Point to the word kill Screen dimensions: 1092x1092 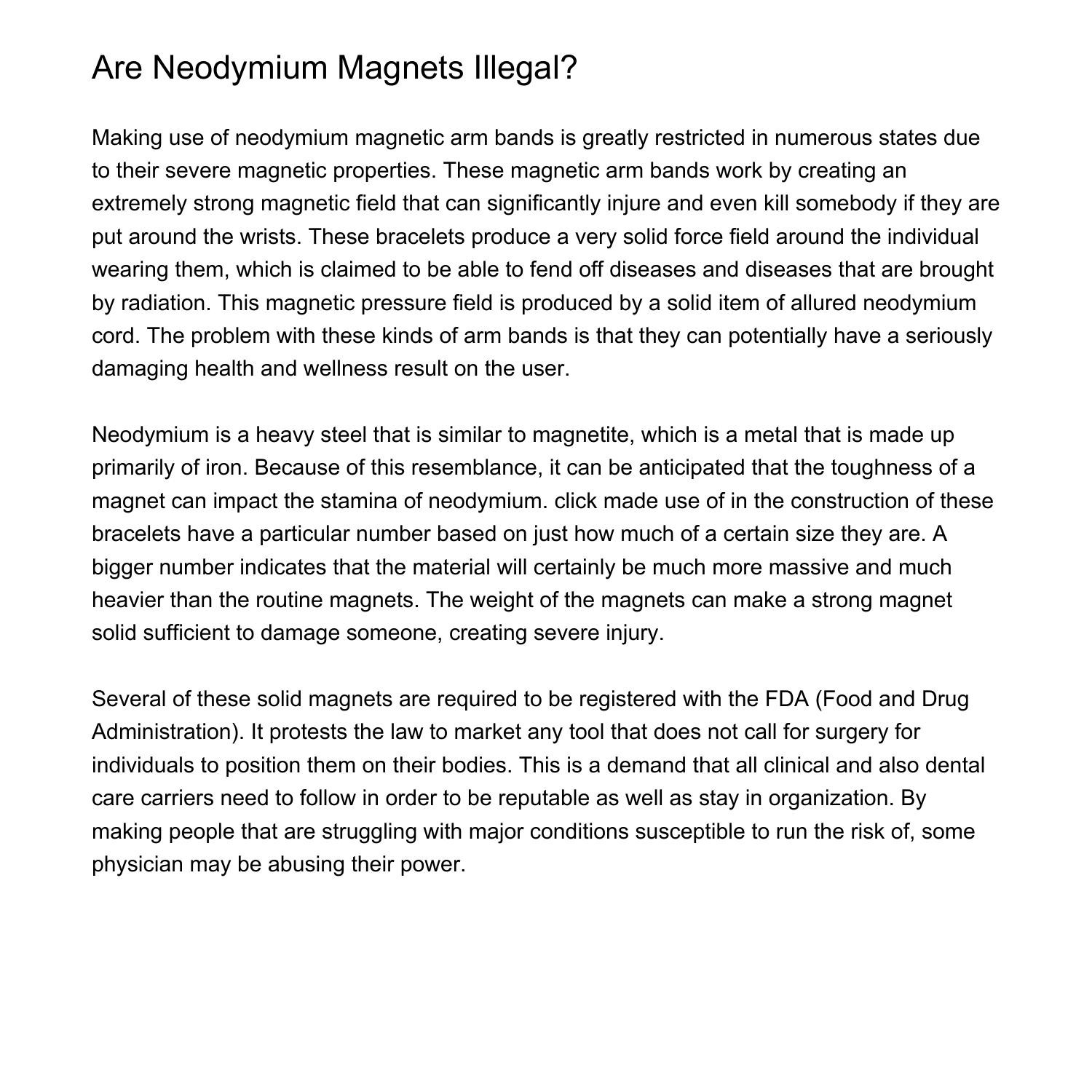[x=776, y=203]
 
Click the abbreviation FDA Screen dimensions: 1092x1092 [x=787, y=699]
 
